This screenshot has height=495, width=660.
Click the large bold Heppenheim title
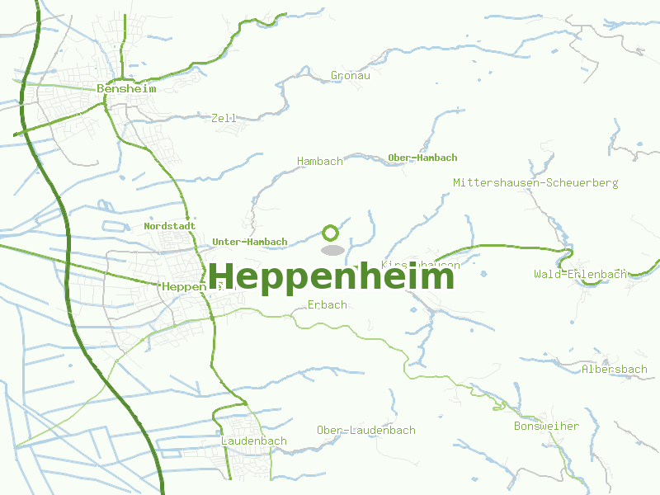(331, 276)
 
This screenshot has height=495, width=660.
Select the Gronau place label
(350, 75)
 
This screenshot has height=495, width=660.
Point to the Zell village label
(224, 118)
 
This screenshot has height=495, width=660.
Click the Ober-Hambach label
(422, 158)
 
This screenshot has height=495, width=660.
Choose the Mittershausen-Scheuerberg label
(535, 182)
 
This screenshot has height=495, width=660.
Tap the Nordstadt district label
(169, 225)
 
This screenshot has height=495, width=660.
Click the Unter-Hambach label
(249, 242)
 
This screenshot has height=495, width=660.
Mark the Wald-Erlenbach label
(580, 274)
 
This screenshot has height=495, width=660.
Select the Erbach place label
(327, 304)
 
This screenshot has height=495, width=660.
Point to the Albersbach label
(615, 369)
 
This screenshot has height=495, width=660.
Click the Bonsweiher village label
(546, 427)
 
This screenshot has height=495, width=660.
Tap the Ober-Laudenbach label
(366, 430)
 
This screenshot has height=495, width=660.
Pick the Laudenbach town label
(254, 441)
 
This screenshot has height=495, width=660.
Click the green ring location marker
(331, 233)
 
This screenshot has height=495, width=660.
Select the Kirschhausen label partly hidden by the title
(421, 264)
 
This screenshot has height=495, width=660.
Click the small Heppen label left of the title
(183, 286)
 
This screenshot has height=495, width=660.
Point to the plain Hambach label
(320, 161)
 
